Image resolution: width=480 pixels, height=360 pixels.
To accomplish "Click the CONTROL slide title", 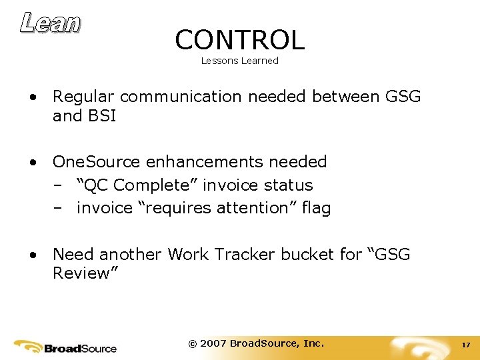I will [x=239, y=40].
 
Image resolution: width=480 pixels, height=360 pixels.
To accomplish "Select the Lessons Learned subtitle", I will [x=239, y=61].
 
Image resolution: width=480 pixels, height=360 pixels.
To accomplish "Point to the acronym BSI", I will [x=101, y=116].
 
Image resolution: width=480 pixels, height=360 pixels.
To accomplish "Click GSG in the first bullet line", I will [x=403, y=97].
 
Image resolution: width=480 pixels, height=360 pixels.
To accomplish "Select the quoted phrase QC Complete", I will [x=138, y=185].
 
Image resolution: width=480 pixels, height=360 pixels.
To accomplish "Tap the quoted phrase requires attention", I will [x=217, y=208].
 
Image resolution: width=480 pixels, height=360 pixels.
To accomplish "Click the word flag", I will [x=316, y=208].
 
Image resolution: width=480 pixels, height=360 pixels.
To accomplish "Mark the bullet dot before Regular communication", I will [x=33, y=97].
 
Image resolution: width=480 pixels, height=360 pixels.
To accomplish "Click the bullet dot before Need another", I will [x=33, y=255].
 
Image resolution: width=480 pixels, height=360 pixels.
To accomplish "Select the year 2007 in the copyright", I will [x=213, y=343].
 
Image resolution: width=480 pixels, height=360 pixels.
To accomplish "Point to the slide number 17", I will [x=466, y=345].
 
